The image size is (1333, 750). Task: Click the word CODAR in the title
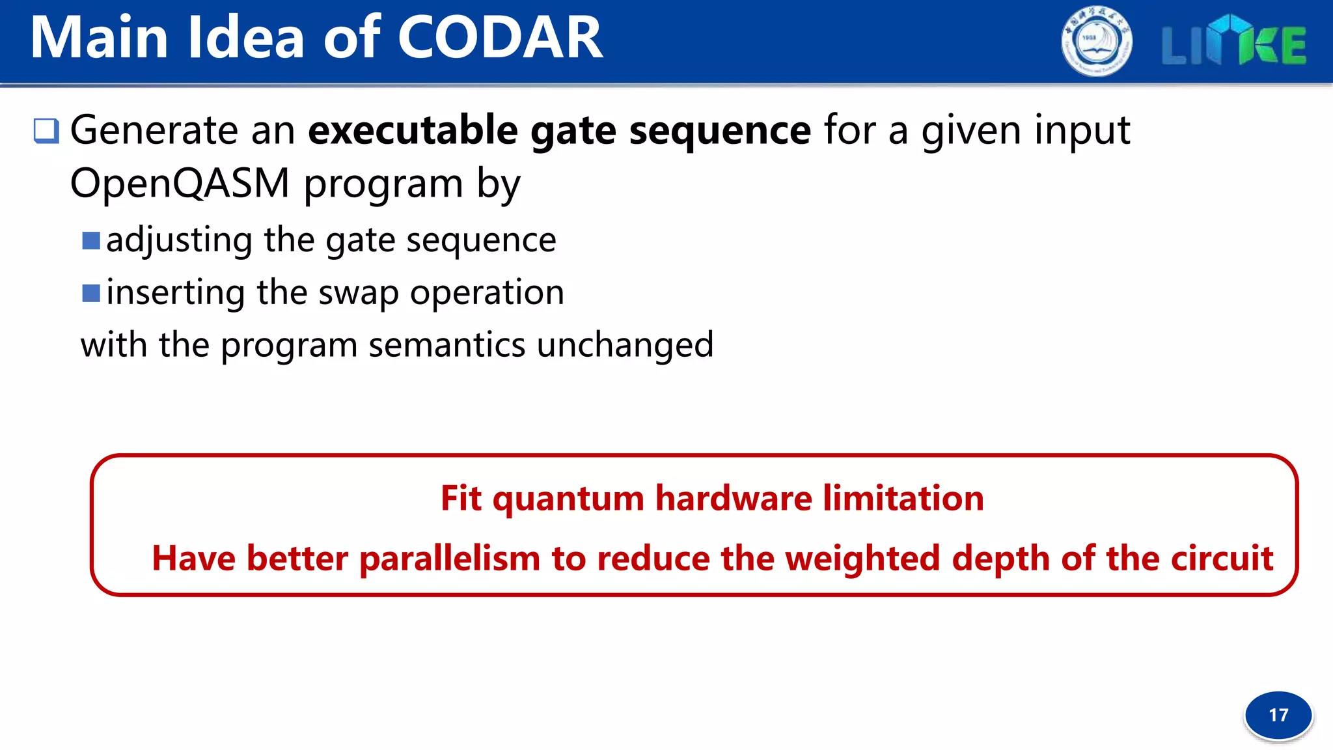pos(500,38)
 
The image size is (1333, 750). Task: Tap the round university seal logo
pos(1096,42)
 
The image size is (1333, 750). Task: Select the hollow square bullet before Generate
pos(46,131)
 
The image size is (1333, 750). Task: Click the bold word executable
pos(413,130)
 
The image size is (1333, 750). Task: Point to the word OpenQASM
pos(180,184)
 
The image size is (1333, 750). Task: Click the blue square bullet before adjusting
pos(91,241)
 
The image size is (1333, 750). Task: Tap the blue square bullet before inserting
pos(91,293)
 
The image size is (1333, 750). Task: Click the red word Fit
pos(461,499)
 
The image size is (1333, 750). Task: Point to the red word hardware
pos(734,499)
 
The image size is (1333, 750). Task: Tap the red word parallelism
pos(450,559)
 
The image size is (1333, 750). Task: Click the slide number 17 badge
pos(1278,715)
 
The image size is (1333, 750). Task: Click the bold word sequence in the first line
pos(720,130)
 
